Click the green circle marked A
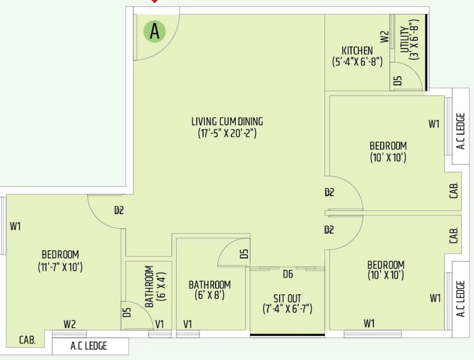point(155,31)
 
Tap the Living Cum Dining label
point(227,127)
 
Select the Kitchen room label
point(357,56)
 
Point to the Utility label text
point(409,39)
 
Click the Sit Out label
point(287,304)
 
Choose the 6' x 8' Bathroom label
point(210,290)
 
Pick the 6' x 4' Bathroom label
point(156,286)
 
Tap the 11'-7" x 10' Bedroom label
point(61,261)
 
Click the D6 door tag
point(288,274)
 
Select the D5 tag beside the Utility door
point(398,81)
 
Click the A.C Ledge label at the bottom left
point(88,346)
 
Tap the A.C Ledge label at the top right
point(461,131)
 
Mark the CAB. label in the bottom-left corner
point(27,340)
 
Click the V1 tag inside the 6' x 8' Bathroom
point(187,324)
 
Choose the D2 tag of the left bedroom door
point(119,210)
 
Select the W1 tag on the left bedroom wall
point(15,226)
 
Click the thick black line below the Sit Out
point(287,335)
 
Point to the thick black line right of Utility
point(426,52)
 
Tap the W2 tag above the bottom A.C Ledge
point(69,324)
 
